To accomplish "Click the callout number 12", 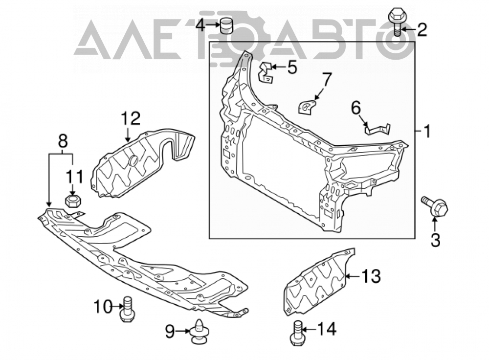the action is tap(131, 118).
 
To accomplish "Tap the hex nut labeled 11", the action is tap(73, 200).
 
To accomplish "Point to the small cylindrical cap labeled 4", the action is tap(227, 25).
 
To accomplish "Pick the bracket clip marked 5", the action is tap(265, 72).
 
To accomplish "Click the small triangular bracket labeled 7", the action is tap(307, 106).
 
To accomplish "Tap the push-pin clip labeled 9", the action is tap(199, 332).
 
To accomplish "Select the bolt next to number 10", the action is tap(127, 309).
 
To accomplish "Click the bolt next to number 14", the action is tap(297, 334).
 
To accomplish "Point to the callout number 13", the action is tap(371, 276).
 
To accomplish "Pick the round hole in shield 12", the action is tap(133, 160).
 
